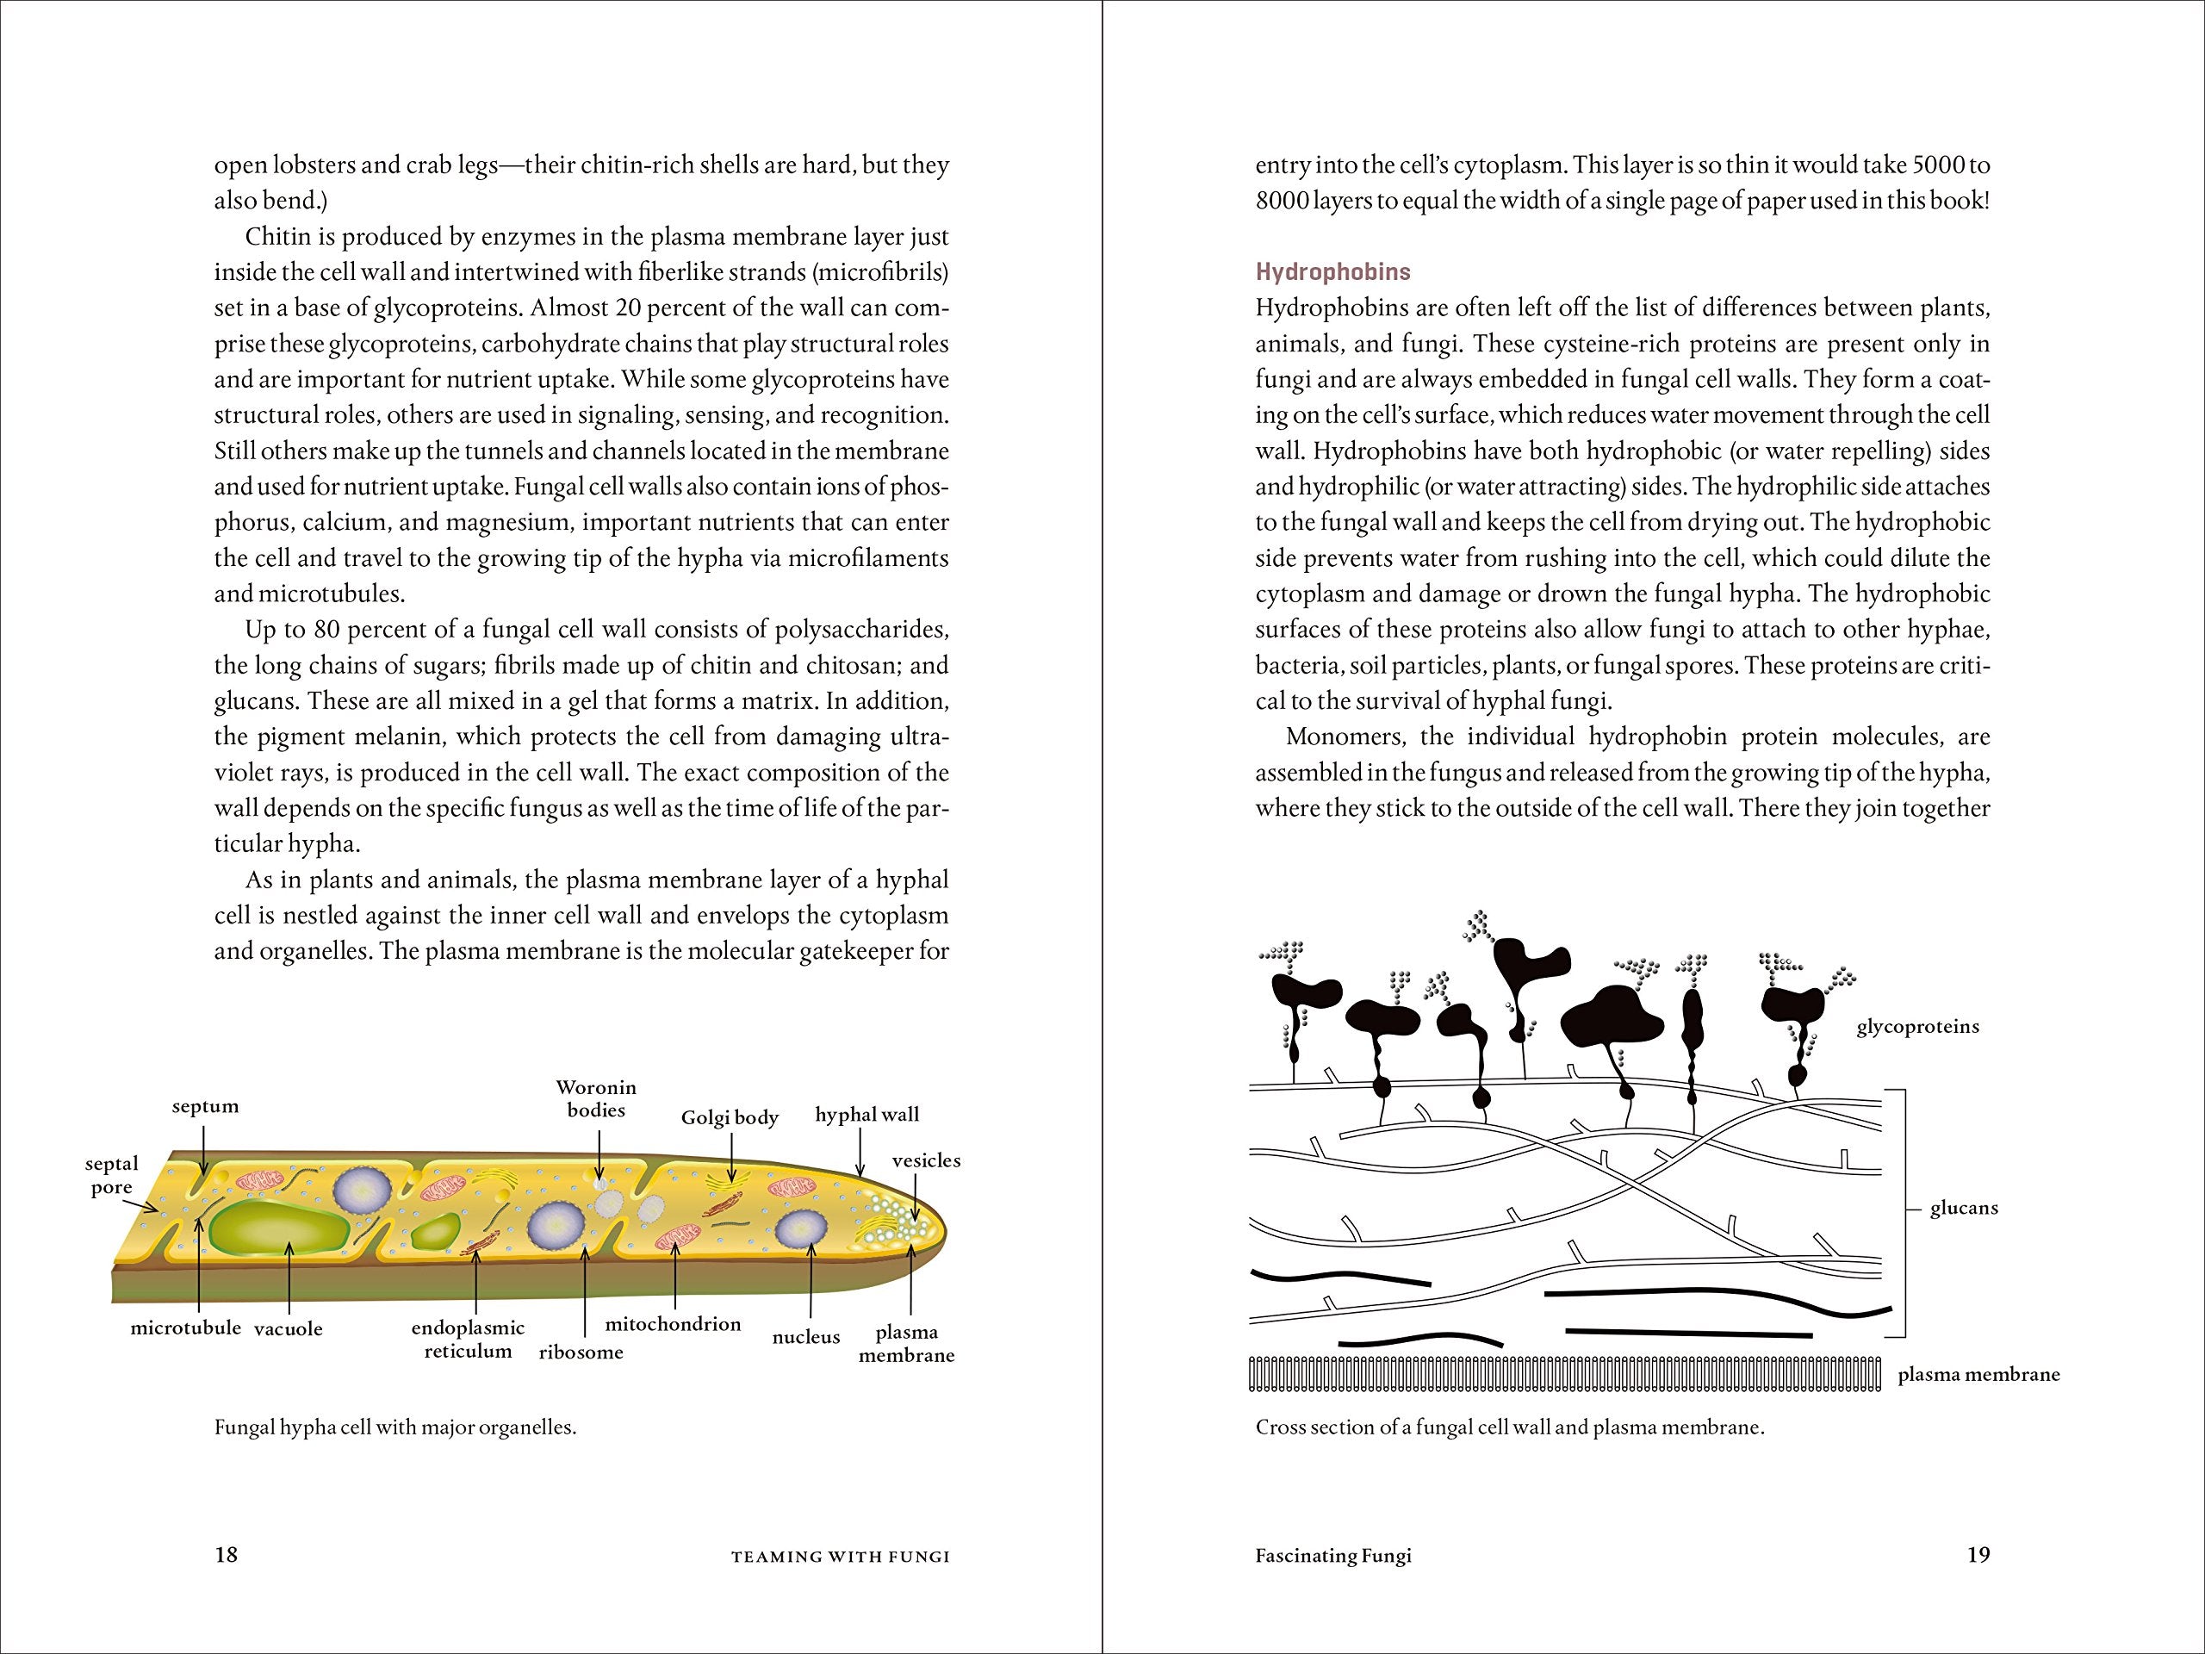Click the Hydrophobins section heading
click(x=1332, y=272)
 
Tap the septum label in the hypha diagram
click(x=205, y=1107)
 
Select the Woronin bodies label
click(x=596, y=1098)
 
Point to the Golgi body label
click(x=730, y=1117)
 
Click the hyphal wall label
click(x=866, y=1115)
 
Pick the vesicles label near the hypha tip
click(x=926, y=1160)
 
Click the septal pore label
click(x=112, y=1175)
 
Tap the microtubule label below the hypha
click(x=185, y=1328)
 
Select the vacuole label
click(x=288, y=1329)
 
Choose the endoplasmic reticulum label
click(x=468, y=1340)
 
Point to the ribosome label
click(x=581, y=1352)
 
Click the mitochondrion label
click(x=673, y=1324)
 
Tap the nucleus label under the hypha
click(x=805, y=1337)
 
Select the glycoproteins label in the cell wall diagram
click(x=1917, y=1027)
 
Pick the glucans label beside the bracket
click(x=1964, y=1209)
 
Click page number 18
click(x=227, y=1554)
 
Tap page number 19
click(x=1978, y=1554)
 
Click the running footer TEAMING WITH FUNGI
click(x=841, y=1557)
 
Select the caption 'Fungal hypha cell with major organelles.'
click(x=395, y=1427)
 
